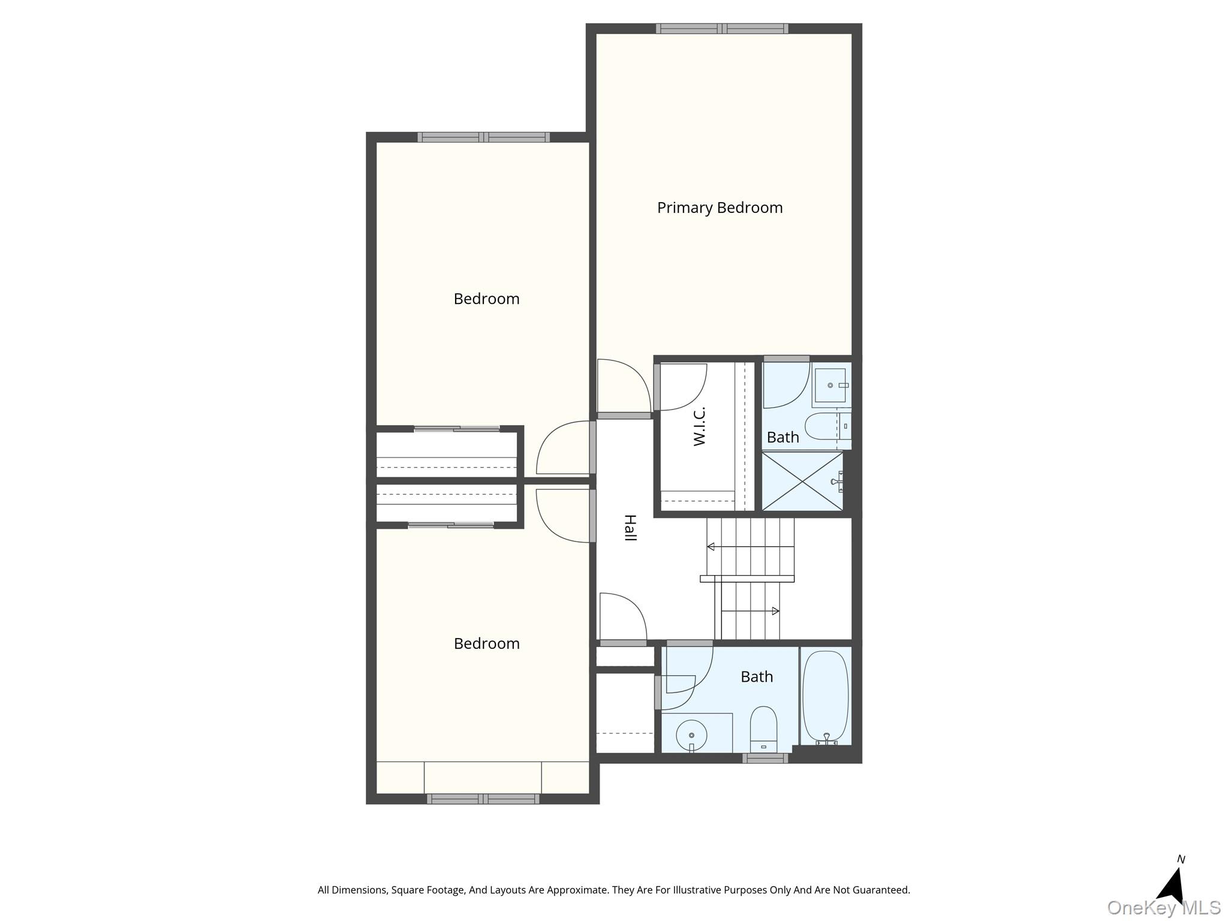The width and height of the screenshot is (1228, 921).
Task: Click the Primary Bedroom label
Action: click(x=720, y=208)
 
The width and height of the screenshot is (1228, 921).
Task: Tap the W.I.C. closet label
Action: click(x=699, y=426)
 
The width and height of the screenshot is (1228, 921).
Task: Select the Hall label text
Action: click(x=630, y=528)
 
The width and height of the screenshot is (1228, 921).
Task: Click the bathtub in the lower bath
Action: click(x=826, y=697)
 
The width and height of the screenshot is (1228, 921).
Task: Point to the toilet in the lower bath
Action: click(x=763, y=728)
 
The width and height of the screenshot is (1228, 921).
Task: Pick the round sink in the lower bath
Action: click(x=691, y=734)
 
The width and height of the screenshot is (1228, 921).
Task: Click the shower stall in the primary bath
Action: click(x=802, y=481)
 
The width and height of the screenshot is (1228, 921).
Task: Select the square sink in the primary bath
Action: click(x=831, y=385)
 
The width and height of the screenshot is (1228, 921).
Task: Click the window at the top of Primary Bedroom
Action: click(x=722, y=28)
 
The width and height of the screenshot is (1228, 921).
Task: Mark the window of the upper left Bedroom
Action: click(x=484, y=137)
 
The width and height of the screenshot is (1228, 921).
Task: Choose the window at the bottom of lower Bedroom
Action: click(x=483, y=799)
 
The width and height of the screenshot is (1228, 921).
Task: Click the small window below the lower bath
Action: click(x=765, y=758)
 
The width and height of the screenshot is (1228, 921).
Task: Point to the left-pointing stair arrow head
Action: click(x=711, y=547)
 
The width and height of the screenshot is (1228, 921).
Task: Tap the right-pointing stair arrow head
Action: click(x=775, y=611)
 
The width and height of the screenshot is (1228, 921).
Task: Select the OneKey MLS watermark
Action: click(x=1164, y=908)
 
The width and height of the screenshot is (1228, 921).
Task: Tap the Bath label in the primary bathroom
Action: click(x=783, y=437)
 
